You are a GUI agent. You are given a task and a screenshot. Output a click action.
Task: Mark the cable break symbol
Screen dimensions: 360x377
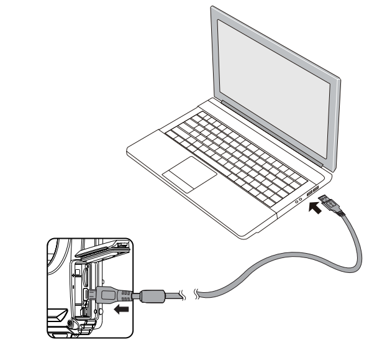tap(187, 292)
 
